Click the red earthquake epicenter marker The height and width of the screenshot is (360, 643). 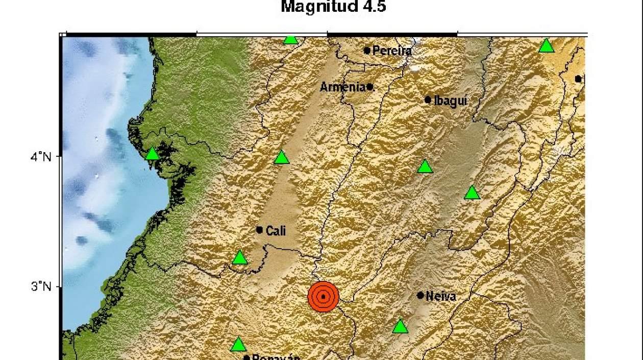[x=323, y=296]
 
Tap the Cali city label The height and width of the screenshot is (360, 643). [x=276, y=231]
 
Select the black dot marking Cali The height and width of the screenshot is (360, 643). [x=259, y=230]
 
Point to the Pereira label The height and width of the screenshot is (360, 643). [x=392, y=51]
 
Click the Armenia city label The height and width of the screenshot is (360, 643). [x=342, y=87]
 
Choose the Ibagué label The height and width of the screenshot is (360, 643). [x=450, y=101]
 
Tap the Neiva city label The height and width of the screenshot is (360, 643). [x=440, y=296]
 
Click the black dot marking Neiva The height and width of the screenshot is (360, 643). [x=421, y=295]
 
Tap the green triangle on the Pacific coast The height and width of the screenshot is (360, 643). [x=152, y=154]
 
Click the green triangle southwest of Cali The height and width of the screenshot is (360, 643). [x=239, y=258]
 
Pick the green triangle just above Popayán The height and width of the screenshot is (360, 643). [x=238, y=345]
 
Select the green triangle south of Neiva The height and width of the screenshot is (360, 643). [x=401, y=326]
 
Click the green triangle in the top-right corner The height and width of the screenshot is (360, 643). [x=547, y=46]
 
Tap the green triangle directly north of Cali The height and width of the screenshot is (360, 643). [x=282, y=157]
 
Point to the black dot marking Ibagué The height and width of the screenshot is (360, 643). [x=428, y=100]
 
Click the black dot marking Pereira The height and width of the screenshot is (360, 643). [x=367, y=50]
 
